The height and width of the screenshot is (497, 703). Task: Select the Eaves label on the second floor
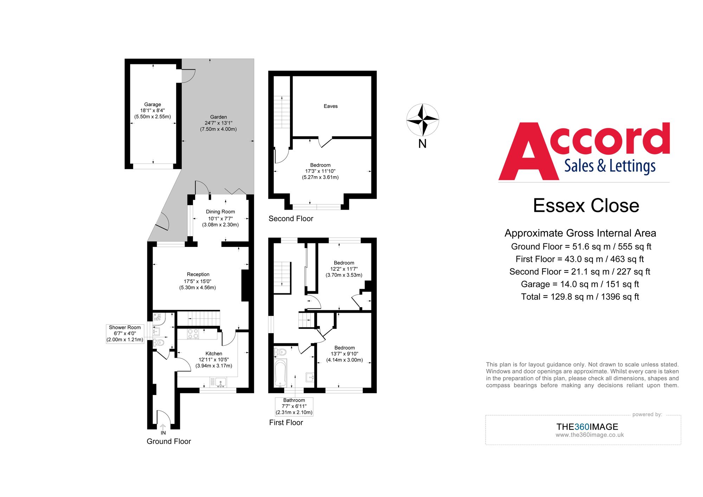point(330,106)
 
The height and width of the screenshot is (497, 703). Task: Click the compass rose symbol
point(423,120)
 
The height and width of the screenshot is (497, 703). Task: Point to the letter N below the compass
point(423,144)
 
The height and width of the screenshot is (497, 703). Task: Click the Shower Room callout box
point(125,333)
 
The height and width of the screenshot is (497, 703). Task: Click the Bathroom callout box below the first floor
point(294,406)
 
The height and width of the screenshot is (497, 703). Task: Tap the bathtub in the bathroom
point(280,373)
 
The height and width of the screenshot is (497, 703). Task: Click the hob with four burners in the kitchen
point(193,333)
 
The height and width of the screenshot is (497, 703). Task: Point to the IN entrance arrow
point(163,428)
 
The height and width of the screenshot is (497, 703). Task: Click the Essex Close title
point(586,205)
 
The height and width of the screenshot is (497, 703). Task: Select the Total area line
point(580,297)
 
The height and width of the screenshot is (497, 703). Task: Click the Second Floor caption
point(291,218)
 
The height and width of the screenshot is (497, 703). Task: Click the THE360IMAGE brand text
point(587,427)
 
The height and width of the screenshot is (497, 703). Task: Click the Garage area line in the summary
point(580,284)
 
